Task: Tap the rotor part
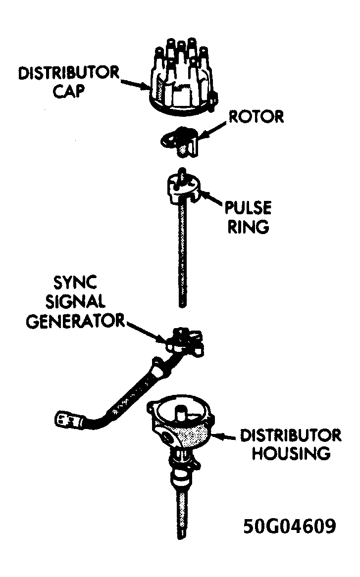(x=180, y=141)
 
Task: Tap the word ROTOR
(x=256, y=117)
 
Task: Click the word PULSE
(x=248, y=208)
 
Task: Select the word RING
(x=248, y=227)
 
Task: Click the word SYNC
(x=75, y=283)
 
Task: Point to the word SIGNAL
(x=75, y=302)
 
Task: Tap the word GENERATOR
(x=75, y=321)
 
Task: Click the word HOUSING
(x=291, y=453)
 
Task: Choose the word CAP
(x=69, y=91)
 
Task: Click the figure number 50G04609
(x=290, y=526)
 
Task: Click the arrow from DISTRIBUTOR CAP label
(x=135, y=84)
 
